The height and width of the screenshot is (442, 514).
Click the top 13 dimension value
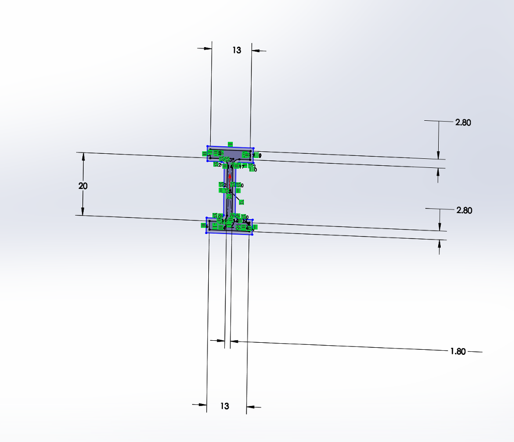tap(237, 50)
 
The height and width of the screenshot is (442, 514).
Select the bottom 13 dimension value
tap(225, 406)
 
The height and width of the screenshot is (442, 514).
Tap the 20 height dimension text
tap(83, 186)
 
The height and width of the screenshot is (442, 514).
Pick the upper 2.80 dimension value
tap(463, 123)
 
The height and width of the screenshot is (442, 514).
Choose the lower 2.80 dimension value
tap(464, 210)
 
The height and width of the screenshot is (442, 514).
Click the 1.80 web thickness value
tap(458, 351)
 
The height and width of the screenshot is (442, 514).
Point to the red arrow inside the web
tap(230, 176)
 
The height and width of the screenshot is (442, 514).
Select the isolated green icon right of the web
tap(241, 202)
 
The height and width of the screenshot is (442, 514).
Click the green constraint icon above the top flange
tap(230, 144)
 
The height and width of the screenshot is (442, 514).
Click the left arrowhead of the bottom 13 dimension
tap(203, 405)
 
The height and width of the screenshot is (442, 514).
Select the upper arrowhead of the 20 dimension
tap(83, 156)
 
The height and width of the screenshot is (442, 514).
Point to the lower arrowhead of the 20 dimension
tap(83, 212)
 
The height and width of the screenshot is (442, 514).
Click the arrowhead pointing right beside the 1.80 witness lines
tap(221, 341)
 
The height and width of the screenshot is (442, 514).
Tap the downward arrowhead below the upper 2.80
tap(439, 155)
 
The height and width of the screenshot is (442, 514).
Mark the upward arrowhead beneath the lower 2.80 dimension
tap(440, 244)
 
